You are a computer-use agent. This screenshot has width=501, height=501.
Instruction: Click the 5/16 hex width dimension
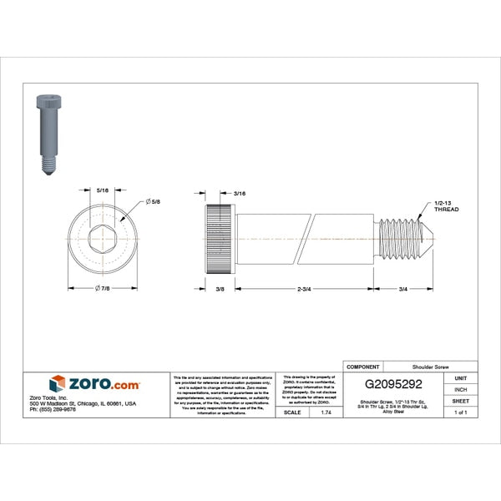[x=103, y=190]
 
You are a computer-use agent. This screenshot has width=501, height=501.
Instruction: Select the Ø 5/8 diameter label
[x=153, y=202]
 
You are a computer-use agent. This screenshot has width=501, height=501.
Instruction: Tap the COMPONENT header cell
[x=363, y=367]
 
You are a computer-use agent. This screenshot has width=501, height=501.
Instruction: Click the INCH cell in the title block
[x=460, y=389]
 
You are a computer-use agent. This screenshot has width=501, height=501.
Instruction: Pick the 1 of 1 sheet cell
[x=460, y=412]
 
